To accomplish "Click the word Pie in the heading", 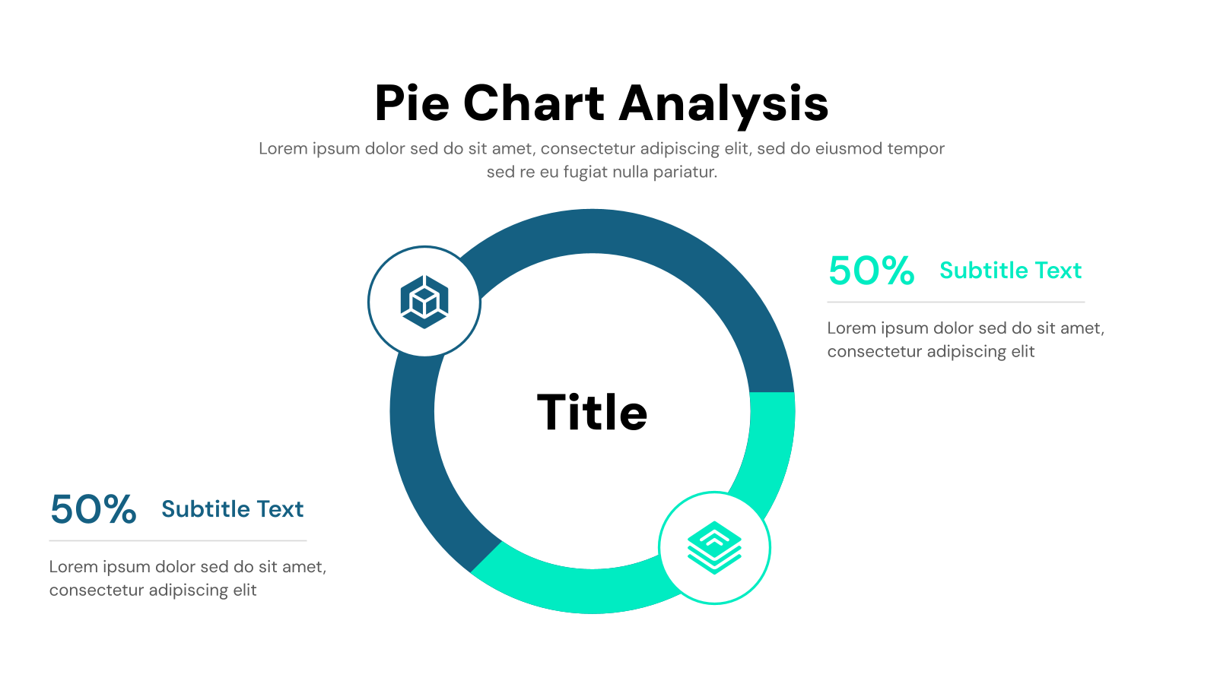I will click(411, 103).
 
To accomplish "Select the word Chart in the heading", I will click(533, 103).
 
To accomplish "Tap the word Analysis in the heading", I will click(723, 103).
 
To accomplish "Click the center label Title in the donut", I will click(592, 413).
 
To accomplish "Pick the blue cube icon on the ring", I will click(424, 302).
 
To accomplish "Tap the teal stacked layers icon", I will click(714, 547).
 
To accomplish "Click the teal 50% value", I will click(871, 271).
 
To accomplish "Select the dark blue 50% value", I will click(93, 509).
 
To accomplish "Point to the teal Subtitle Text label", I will click(1010, 271).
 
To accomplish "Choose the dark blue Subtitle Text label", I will click(232, 509).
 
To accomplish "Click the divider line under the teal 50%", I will click(955, 302).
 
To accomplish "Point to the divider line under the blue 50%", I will click(177, 540).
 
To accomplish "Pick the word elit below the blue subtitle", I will click(245, 591).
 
